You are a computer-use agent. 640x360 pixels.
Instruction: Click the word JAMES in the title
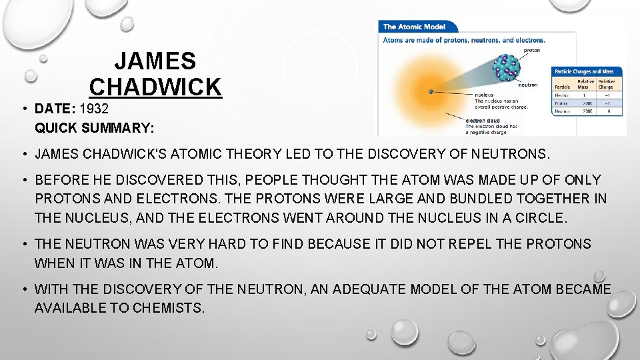[x=155, y=61]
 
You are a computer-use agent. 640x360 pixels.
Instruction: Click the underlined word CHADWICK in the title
[x=155, y=87]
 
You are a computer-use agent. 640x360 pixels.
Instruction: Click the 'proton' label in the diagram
[x=531, y=51]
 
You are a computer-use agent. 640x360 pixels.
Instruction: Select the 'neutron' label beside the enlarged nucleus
[x=527, y=85]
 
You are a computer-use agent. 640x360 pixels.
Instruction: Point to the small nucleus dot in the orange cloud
[x=431, y=91]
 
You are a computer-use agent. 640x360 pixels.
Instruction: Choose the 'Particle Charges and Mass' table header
[x=587, y=71]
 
